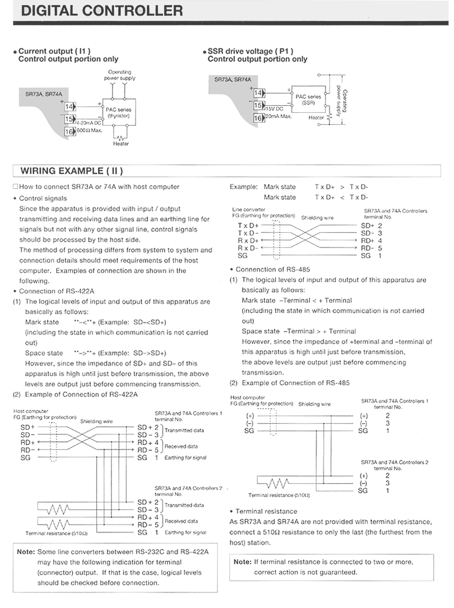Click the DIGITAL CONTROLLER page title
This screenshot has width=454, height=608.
click(98, 11)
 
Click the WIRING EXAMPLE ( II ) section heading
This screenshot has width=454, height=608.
click(71, 171)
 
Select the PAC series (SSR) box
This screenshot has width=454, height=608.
click(308, 99)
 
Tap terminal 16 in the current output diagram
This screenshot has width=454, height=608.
click(68, 130)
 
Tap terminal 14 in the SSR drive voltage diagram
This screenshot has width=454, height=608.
click(258, 94)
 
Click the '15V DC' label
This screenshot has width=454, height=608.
click(275, 108)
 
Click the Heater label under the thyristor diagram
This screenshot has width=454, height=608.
click(121, 143)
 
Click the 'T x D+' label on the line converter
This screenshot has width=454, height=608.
click(247, 225)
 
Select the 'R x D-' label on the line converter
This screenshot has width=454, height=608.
click(247, 248)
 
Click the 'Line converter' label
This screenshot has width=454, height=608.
click(247, 210)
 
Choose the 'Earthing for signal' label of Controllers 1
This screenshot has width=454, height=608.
click(185, 458)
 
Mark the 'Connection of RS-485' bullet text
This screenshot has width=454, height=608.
click(272, 269)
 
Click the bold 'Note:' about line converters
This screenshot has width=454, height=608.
click(25, 552)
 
